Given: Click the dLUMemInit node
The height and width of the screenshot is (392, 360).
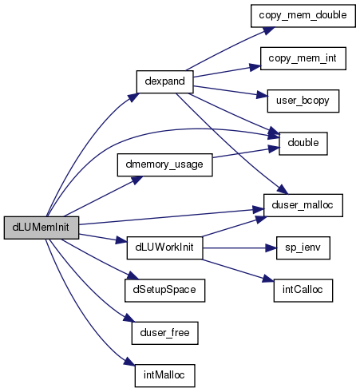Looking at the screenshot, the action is (x=42, y=228).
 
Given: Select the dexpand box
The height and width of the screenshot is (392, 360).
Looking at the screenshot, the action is (x=164, y=81).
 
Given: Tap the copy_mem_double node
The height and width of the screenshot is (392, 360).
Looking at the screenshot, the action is (x=303, y=16).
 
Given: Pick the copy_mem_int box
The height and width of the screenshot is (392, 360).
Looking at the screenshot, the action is (x=303, y=58).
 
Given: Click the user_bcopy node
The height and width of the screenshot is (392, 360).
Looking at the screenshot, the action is (x=303, y=101).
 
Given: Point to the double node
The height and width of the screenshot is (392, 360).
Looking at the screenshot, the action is (x=303, y=144).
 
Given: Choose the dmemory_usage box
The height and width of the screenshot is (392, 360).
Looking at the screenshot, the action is (x=164, y=164).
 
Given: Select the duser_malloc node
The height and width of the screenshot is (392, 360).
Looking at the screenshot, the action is (x=303, y=205).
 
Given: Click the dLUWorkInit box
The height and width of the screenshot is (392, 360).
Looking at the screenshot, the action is (x=164, y=247).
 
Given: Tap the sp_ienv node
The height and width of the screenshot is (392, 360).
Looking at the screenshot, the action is (x=303, y=247).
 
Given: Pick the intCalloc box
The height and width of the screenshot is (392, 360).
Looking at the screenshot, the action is (x=303, y=291).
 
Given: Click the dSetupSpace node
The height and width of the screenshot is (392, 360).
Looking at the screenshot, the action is (x=164, y=291).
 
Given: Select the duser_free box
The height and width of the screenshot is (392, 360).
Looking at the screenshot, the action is (x=164, y=333).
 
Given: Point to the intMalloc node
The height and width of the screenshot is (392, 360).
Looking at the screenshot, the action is (x=164, y=375).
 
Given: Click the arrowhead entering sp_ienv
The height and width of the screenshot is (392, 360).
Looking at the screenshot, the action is (x=271, y=248).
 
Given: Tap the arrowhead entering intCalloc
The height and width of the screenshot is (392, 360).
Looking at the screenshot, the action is (x=268, y=279).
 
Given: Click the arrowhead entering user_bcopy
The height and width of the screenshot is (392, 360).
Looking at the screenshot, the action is (x=262, y=95).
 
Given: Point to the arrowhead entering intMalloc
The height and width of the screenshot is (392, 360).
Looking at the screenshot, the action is (x=130, y=362).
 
